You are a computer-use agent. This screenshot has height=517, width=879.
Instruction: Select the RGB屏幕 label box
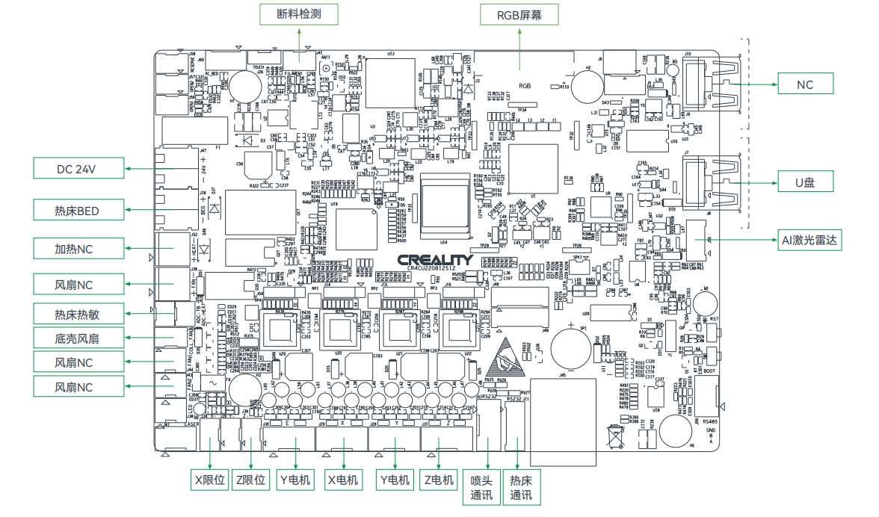pos(520,14)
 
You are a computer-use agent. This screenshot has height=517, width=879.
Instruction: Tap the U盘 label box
pos(804,182)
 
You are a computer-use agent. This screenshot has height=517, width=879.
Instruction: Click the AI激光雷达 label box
pos(810,240)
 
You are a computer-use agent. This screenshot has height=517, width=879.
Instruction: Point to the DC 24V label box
pos(77,169)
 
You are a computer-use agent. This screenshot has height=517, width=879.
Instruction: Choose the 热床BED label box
pos(77,211)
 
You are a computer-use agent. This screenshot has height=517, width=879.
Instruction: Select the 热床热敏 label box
pos(77,315)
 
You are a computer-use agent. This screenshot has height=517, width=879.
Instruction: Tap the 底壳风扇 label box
pos(77,338)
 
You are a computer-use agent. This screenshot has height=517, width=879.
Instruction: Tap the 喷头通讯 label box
pos(481,488)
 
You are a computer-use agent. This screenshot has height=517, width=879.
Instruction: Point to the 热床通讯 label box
pos(521,488)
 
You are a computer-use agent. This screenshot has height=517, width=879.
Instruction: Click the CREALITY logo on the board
pos(436,259)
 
